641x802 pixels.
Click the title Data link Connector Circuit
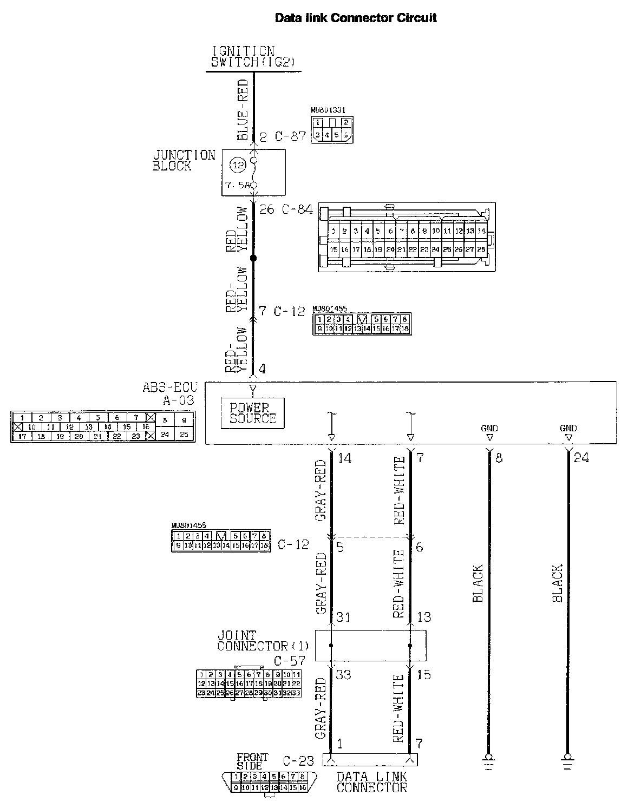[x=356, y=18]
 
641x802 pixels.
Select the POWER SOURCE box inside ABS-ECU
[x=253, y=413]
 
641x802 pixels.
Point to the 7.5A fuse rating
[x=237, y=185]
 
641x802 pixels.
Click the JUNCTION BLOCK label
[x=184, y=161]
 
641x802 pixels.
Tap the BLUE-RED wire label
[x=242, y=110]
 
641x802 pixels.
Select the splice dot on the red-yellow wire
[x=253, y=258]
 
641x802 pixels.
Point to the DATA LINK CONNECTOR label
[x=371, y=782]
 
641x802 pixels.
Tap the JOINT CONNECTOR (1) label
[x=263, y=641]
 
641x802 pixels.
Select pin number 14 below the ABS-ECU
[x=345, y=458]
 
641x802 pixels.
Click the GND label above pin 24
[x=568, y=428]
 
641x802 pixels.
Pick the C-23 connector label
[x=298, y=761]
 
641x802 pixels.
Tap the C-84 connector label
[x=297, y=209]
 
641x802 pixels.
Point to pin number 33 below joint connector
[x=343, y=675]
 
